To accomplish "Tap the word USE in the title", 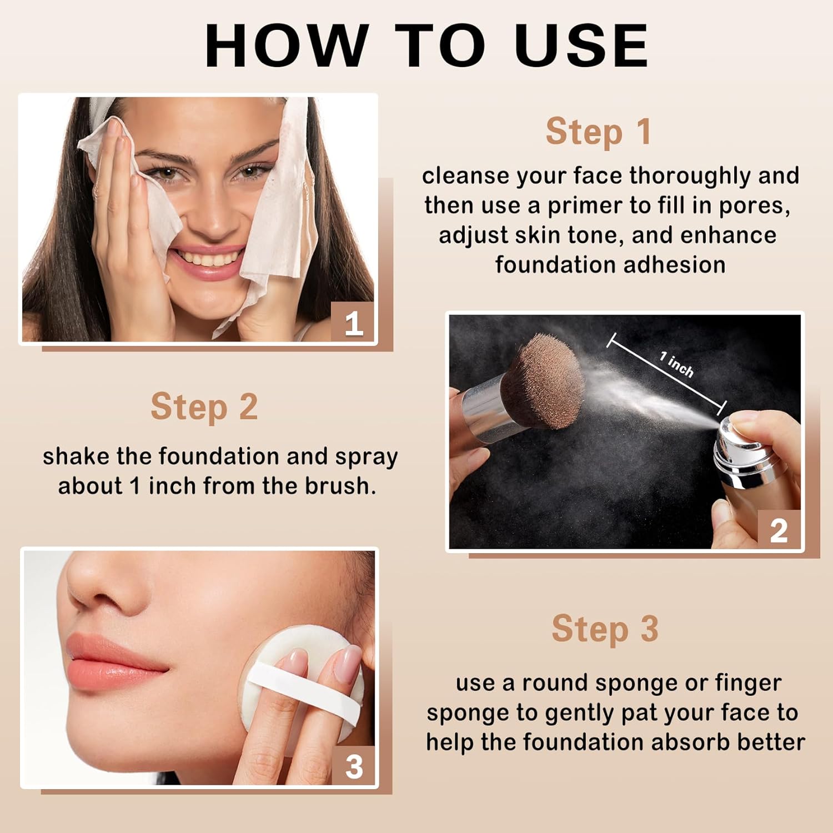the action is coord(582,46).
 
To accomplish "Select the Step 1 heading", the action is coord(598,132).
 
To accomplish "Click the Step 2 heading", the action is coord(204,407).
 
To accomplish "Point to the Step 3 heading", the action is coord(605,629).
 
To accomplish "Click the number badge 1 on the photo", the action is coord(353,323).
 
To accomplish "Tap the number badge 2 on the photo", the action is coord(779,530).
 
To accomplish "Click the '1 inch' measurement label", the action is coord(677,364).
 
